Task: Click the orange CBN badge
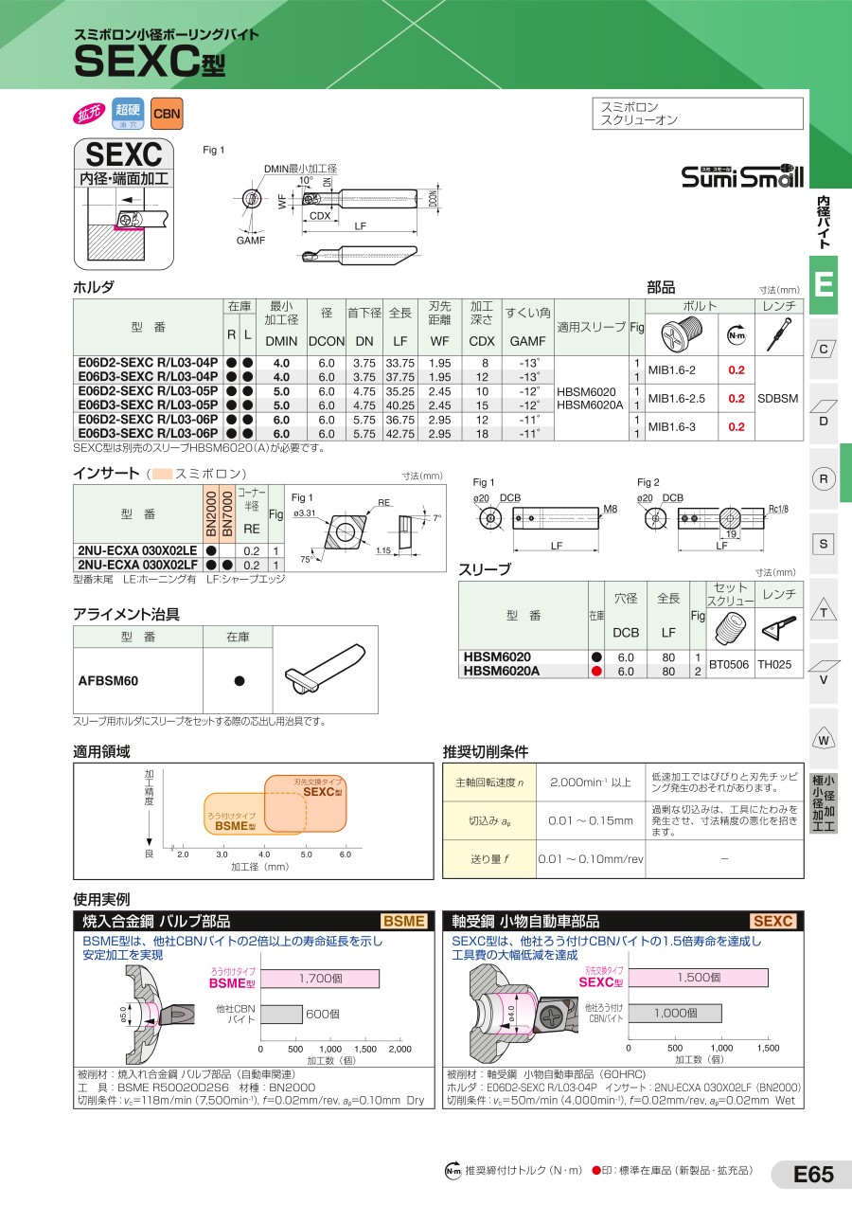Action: point(167,114)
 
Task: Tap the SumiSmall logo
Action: point(742,176)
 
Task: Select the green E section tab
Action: point(824,284)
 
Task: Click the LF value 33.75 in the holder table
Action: point(399,363)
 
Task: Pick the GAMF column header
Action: point(527,341)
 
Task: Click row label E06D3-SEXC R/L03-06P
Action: point(148,434)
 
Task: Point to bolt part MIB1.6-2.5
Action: point(676,399)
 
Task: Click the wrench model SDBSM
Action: point(778,399)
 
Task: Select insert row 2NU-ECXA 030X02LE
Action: point(137,550)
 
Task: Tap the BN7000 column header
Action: point(227,513)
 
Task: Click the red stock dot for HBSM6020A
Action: point(596,672)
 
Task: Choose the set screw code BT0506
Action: point(728,664)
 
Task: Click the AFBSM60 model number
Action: point(108,681)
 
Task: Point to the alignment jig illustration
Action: point(325,669)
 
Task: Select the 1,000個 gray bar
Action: point(675,1014)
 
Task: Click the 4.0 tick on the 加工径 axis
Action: point(264,854)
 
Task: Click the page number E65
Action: point(813,1174)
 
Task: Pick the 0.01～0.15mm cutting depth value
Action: point(590,821)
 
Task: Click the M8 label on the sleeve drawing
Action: point(610,509)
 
